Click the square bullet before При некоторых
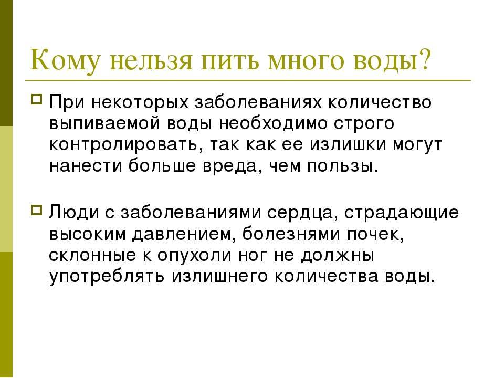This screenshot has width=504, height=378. point(36,98)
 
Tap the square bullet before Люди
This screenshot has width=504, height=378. point(36,211)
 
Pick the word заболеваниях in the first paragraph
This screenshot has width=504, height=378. point(258,102)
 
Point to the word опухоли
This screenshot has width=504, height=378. point(194,256)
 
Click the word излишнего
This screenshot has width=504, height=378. point(219,277)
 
